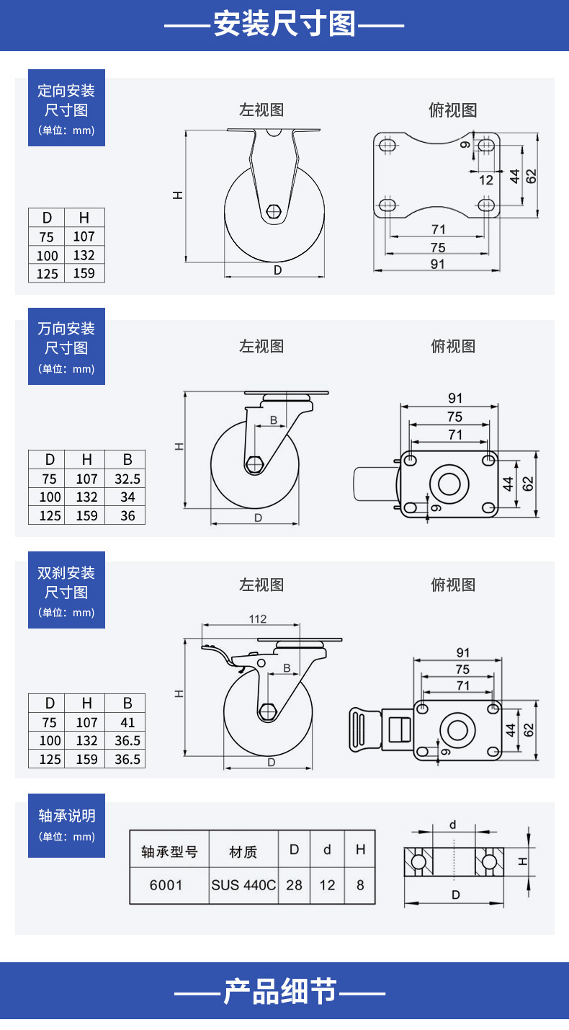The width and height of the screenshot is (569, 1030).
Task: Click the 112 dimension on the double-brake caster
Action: [258, 619]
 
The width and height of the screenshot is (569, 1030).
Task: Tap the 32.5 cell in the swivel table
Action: [127, 479]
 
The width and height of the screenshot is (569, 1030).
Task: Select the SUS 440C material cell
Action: [243, 884]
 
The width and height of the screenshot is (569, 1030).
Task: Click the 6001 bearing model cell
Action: [166, 884]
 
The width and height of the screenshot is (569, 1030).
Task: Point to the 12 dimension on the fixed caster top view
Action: [485, 179]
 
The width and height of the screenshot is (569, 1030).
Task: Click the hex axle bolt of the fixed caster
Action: [274, 211]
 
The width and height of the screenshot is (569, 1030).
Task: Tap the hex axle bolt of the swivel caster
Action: [254, 464]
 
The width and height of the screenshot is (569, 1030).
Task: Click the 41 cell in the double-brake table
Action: [127, 722]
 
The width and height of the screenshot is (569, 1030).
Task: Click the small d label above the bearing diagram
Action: [453, 825]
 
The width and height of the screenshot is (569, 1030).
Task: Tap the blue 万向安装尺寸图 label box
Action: [67, 346]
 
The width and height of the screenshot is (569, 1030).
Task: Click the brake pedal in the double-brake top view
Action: [365, 729]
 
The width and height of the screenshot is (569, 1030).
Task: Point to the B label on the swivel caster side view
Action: [274, 419]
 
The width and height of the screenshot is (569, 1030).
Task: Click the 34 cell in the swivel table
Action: [127, 497]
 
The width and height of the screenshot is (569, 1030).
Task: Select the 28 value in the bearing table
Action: [294, 884]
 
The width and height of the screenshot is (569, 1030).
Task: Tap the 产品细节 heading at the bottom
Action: [280, 991]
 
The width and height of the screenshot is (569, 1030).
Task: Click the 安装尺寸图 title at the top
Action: [284, 24]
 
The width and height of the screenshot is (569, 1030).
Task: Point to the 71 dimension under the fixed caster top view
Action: [438, 229]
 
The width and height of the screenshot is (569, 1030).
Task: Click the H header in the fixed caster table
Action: [84, 218]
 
